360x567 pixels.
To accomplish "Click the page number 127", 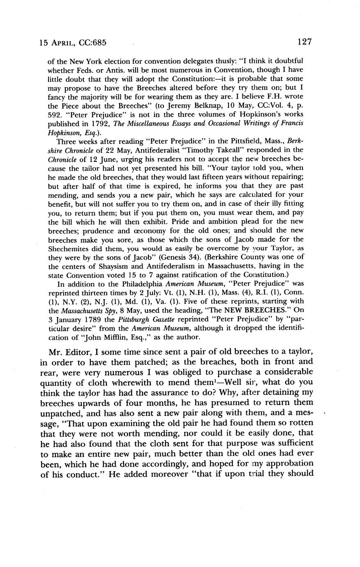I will pos(305,41).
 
